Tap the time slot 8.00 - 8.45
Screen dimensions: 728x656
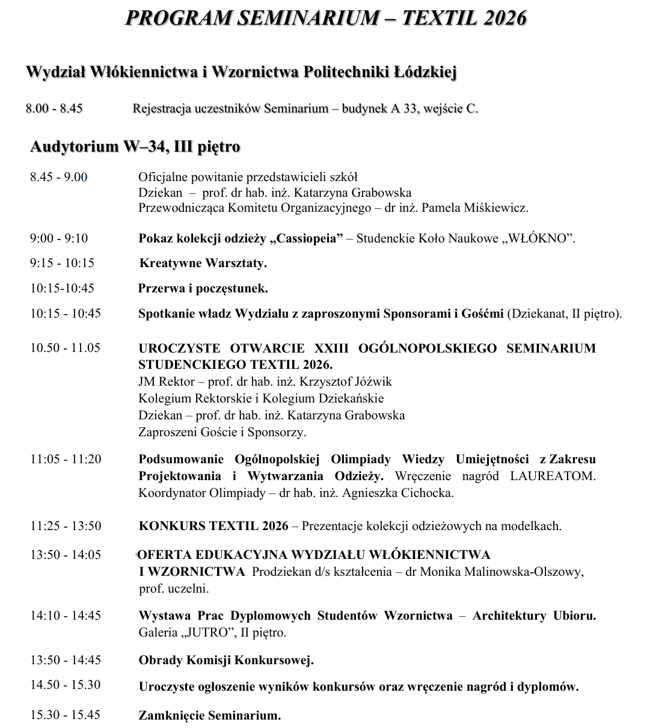click(x=54, y=109)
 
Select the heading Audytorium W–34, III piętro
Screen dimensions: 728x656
click(x=135, y=147)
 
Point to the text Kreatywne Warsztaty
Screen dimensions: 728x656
click(x=203, y=264)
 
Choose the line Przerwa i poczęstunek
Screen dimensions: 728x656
click(x=203, y=289)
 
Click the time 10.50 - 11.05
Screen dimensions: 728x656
click(x=66, y=348)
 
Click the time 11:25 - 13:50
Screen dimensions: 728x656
click(x=66, y=526)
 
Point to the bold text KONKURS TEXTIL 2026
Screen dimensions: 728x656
click(x=213, y=526)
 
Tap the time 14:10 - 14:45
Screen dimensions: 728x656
click(x=66, y=615)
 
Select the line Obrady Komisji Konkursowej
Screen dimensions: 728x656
click(x=226, y=660)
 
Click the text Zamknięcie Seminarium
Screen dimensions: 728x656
click(x=210, y=716)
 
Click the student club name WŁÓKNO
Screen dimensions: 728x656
click(x=540, y=238)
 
